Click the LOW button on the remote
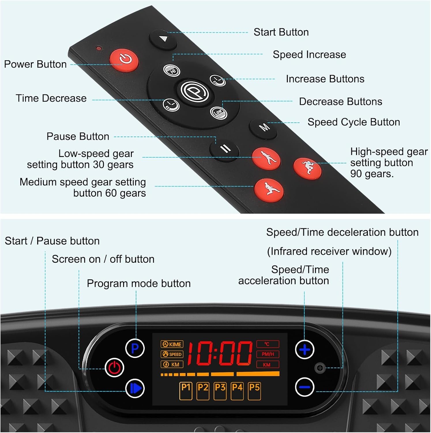[218, 112]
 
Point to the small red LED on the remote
[99, 48]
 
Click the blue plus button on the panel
[305, 350]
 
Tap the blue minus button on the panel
[305, 387]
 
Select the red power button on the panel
[114, 367]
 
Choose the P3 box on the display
[220, 391]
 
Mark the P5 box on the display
[254, 391]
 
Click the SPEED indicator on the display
[172, 354]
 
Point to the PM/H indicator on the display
[268, 354]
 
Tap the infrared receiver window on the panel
[320, 368]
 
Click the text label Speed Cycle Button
[354, 122]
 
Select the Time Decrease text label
[51, 98]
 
